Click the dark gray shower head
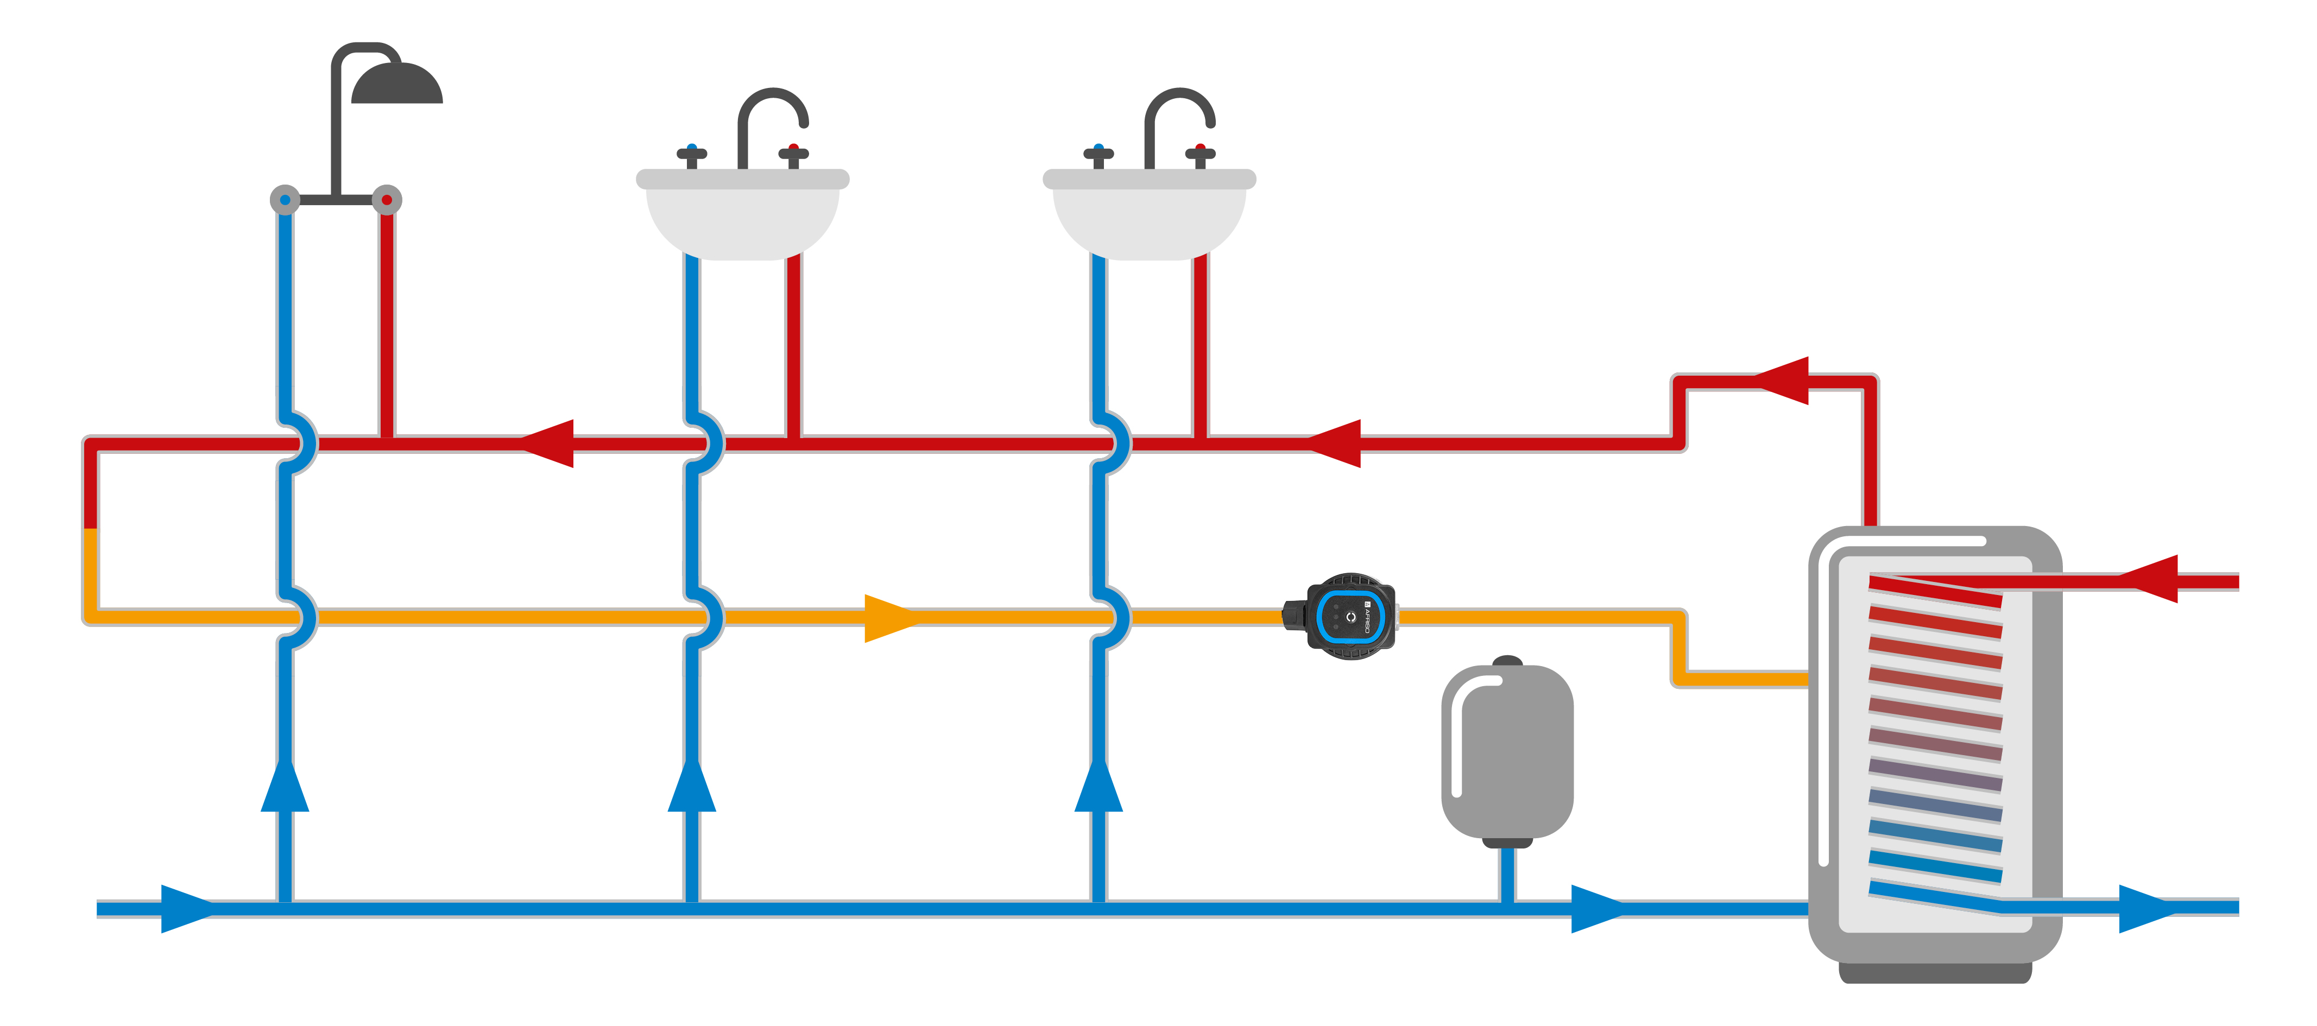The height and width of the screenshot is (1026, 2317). [x=396, y=85]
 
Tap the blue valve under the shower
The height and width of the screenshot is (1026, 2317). [x=285, y=200]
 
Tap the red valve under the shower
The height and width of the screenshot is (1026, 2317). [x=387, y=200]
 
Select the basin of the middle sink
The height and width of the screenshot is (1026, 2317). [x=742, y=216]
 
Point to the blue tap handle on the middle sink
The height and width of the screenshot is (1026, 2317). [x=692, y=153]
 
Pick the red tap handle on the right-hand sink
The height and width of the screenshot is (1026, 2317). [x=1200, y=153]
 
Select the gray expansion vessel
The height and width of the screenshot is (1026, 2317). [x=1507, y=751]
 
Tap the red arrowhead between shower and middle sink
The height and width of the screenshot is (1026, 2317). [x=548, y=444]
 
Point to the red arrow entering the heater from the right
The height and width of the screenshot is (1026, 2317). [x=2151, y=579]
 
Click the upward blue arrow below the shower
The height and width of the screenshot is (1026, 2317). [x=285, y=787]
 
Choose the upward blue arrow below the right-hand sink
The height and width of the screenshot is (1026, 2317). [x=1098, y=787]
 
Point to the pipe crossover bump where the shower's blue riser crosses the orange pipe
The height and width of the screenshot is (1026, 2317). [x=300, y=617]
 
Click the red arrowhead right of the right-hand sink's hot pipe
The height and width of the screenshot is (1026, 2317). [x=1335, y=444]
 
